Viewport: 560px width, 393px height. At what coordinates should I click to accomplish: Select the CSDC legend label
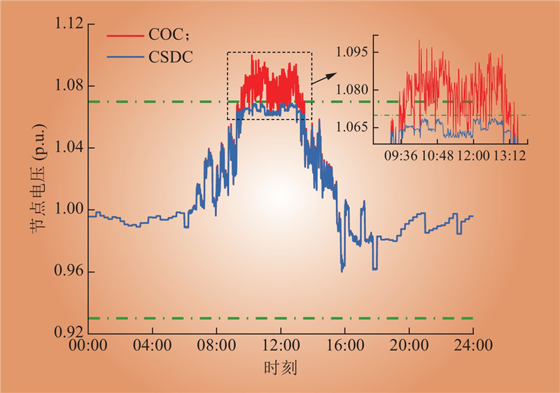(x=172, y=57)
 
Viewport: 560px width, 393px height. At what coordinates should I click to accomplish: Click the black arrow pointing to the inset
(x=321, y=77)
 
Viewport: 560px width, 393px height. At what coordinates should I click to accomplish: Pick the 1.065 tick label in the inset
(x=352, y=127)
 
